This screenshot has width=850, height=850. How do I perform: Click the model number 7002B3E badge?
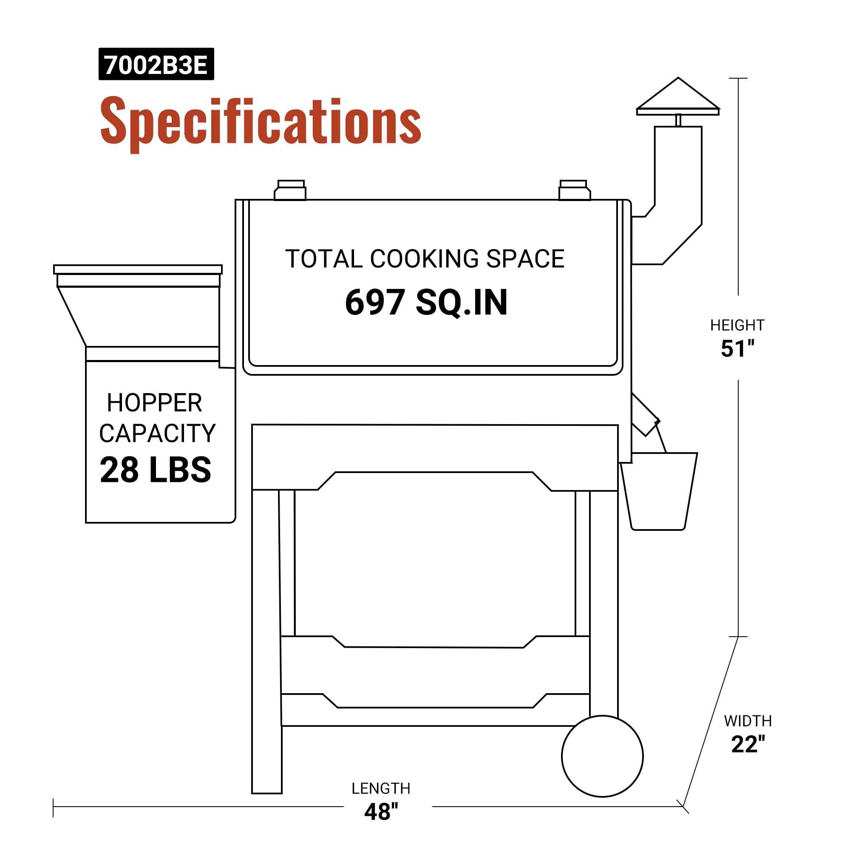coord(156,64)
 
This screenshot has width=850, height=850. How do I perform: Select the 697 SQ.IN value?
coord(426,302)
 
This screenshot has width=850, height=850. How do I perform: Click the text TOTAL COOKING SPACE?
coord(425,259)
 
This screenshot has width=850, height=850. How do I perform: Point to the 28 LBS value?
coord(155,470)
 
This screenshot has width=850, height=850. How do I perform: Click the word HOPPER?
coord(154,402)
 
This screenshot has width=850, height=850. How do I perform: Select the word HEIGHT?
coord(737,325)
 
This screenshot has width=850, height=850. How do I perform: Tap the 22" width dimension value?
coord(748,744)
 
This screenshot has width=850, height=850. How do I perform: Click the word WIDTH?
coord(748,721)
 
